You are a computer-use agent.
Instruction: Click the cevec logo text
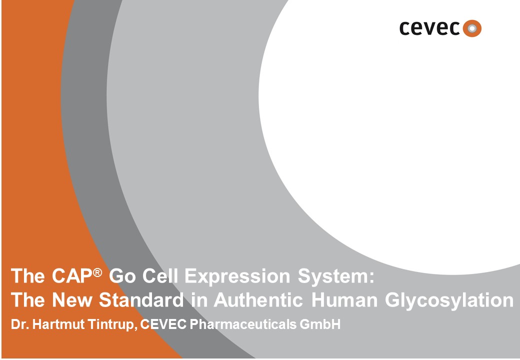point(429,28)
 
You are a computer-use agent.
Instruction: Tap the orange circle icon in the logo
point(472,28)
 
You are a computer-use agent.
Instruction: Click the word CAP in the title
point(71,276)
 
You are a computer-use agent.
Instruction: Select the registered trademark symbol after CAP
point(97,272)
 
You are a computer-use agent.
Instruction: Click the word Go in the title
point(122,276)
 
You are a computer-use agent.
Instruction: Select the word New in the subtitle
point(72,300)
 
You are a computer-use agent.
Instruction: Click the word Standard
point(141,300)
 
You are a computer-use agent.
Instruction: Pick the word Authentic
point(258,300)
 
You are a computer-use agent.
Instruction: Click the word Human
point(344,300)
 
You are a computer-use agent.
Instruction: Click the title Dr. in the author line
point(20,324)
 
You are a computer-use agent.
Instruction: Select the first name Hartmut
point(58,324)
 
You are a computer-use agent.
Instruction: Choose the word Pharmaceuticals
point(243,324)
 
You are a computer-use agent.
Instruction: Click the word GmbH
point(320,324)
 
